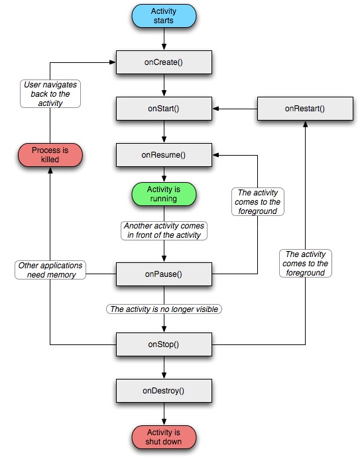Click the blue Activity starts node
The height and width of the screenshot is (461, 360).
tap(164, 16)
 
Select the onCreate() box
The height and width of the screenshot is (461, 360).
tap(164, 62)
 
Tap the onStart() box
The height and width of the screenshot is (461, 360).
tap(164, 109)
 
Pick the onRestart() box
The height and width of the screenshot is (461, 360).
tap(305, 109)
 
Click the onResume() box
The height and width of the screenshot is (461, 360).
tap(164, 155)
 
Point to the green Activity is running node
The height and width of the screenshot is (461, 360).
tap(164, 194)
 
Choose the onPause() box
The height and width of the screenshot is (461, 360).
tap(164, 274)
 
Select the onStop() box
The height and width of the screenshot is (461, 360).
tap(164, 344)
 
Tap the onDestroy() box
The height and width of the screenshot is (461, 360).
tap(164, 391)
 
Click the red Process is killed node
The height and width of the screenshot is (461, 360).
tap(50, 155)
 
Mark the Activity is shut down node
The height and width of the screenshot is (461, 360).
tap(164, 437)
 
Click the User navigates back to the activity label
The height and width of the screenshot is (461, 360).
tap(50, 94)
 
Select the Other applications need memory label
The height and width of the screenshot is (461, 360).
tap(50, 270)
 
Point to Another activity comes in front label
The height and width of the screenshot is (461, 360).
tap(164, 230)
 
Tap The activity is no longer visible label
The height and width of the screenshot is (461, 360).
tap(164, 309)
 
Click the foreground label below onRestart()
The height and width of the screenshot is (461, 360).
tap(306, 264)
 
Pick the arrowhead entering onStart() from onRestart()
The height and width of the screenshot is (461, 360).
tap(215, 109)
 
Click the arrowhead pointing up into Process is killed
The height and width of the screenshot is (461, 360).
tap(50, 170)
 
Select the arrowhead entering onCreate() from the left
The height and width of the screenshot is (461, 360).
tap(113, 62)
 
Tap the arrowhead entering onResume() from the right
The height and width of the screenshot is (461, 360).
tap(215, 155)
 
